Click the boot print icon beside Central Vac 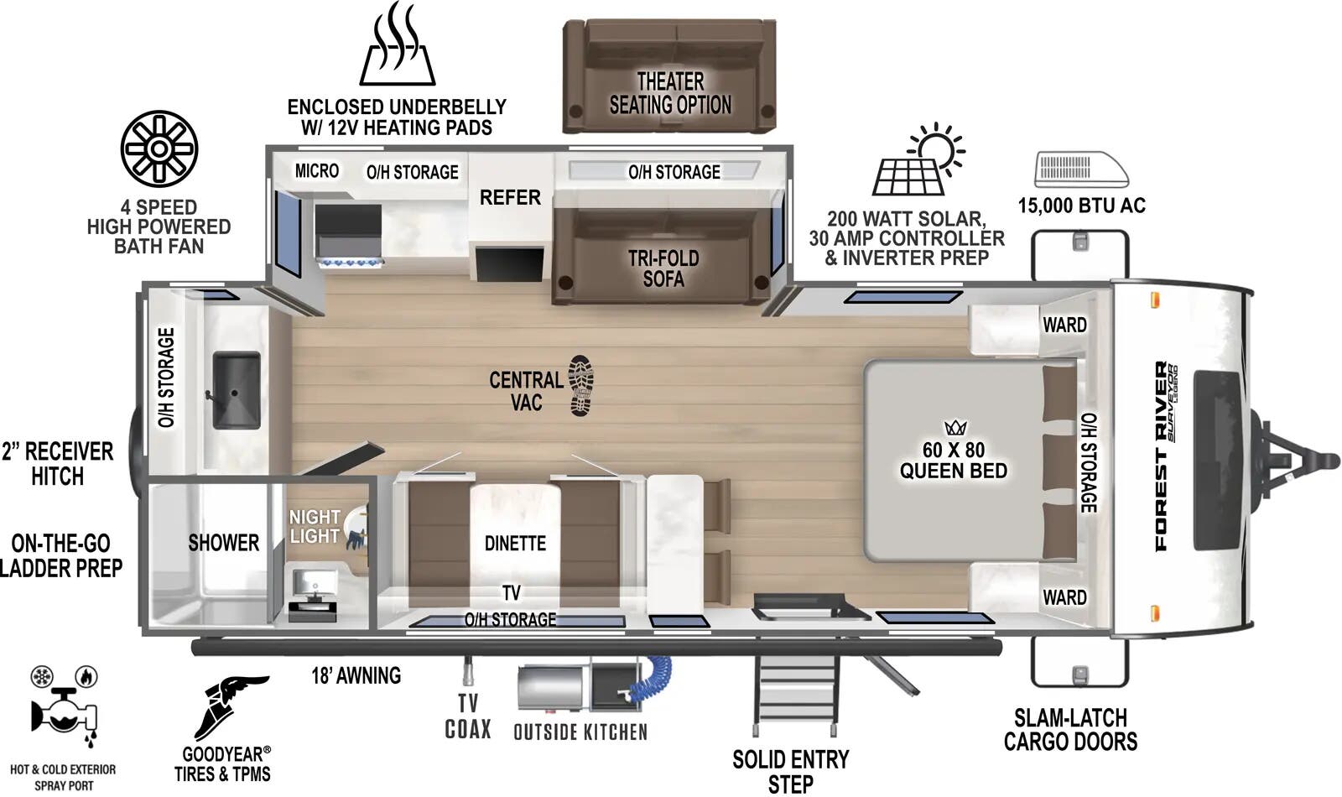point(580,386)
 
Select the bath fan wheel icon point(159,149)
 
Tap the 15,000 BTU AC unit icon point(1080,169)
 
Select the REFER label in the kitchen point(510,198)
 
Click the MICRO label point(317,171)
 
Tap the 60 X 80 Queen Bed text point(954,461)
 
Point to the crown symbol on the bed point(955,429)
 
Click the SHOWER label point(223,543)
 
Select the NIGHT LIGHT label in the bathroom point(315,527)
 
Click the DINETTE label point(515,544)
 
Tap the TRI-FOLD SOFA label point(663,268)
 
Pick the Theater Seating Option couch point(669,77)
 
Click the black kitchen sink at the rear point(236,389)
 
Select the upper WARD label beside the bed point(1064,326)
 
